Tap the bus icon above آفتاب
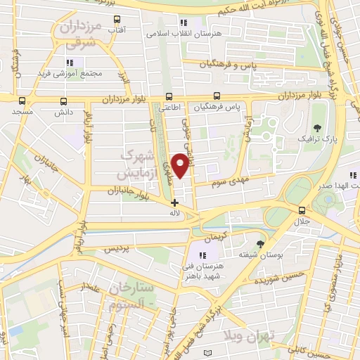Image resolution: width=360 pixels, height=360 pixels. click(116, 19)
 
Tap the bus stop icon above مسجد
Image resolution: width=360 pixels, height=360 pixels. click(22, 101)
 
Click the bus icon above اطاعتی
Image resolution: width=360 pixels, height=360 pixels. click(167, 97)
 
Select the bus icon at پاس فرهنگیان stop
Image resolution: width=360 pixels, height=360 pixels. click(217, 96)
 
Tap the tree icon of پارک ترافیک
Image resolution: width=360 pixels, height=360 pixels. click(319, 128)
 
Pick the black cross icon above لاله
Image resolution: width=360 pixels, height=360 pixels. click(174, 202)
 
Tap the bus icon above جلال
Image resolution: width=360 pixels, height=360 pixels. click(302, 210)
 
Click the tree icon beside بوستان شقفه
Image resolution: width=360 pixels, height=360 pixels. click(261, 244)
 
